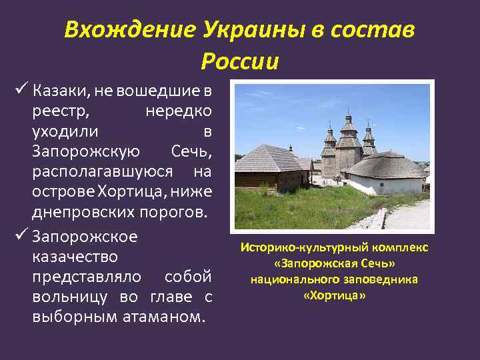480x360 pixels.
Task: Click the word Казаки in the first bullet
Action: click(x=57, y=91)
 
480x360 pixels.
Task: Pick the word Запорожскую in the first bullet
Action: click(x=86, y=152)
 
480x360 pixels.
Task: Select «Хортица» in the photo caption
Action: click(x=334, y=295)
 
